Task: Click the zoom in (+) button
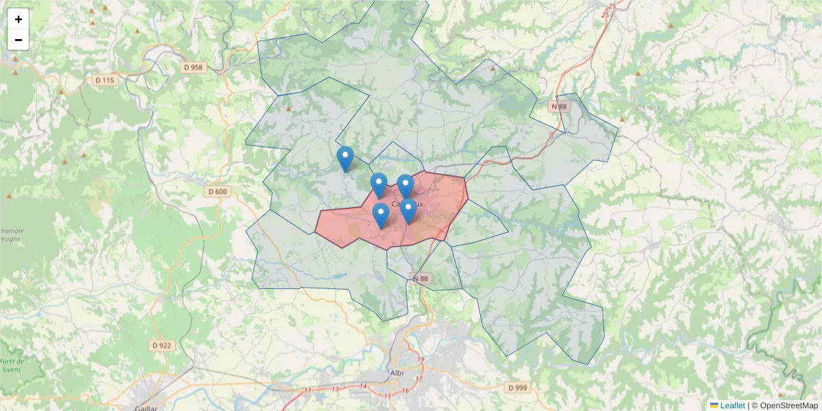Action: click(18, 19)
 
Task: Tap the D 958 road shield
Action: click(194, 67)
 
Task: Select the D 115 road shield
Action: click(105, 80)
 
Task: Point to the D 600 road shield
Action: click(217, 192)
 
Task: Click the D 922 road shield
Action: click(161, 345)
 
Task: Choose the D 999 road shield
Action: click(518, 388)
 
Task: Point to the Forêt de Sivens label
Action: click(12, 365)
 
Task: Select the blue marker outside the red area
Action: click(345, 158)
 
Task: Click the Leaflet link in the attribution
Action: click(732, 406)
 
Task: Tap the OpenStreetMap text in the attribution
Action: click(788, 406)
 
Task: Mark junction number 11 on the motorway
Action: click(308, 390)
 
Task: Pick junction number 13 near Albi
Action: click(335, 389)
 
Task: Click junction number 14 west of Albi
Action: click(364, 386)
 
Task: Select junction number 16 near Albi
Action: click(405, 391)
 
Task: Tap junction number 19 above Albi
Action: click(421, 360)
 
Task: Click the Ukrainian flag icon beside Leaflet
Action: click(714, 406)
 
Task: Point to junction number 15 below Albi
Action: click(387, 396)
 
